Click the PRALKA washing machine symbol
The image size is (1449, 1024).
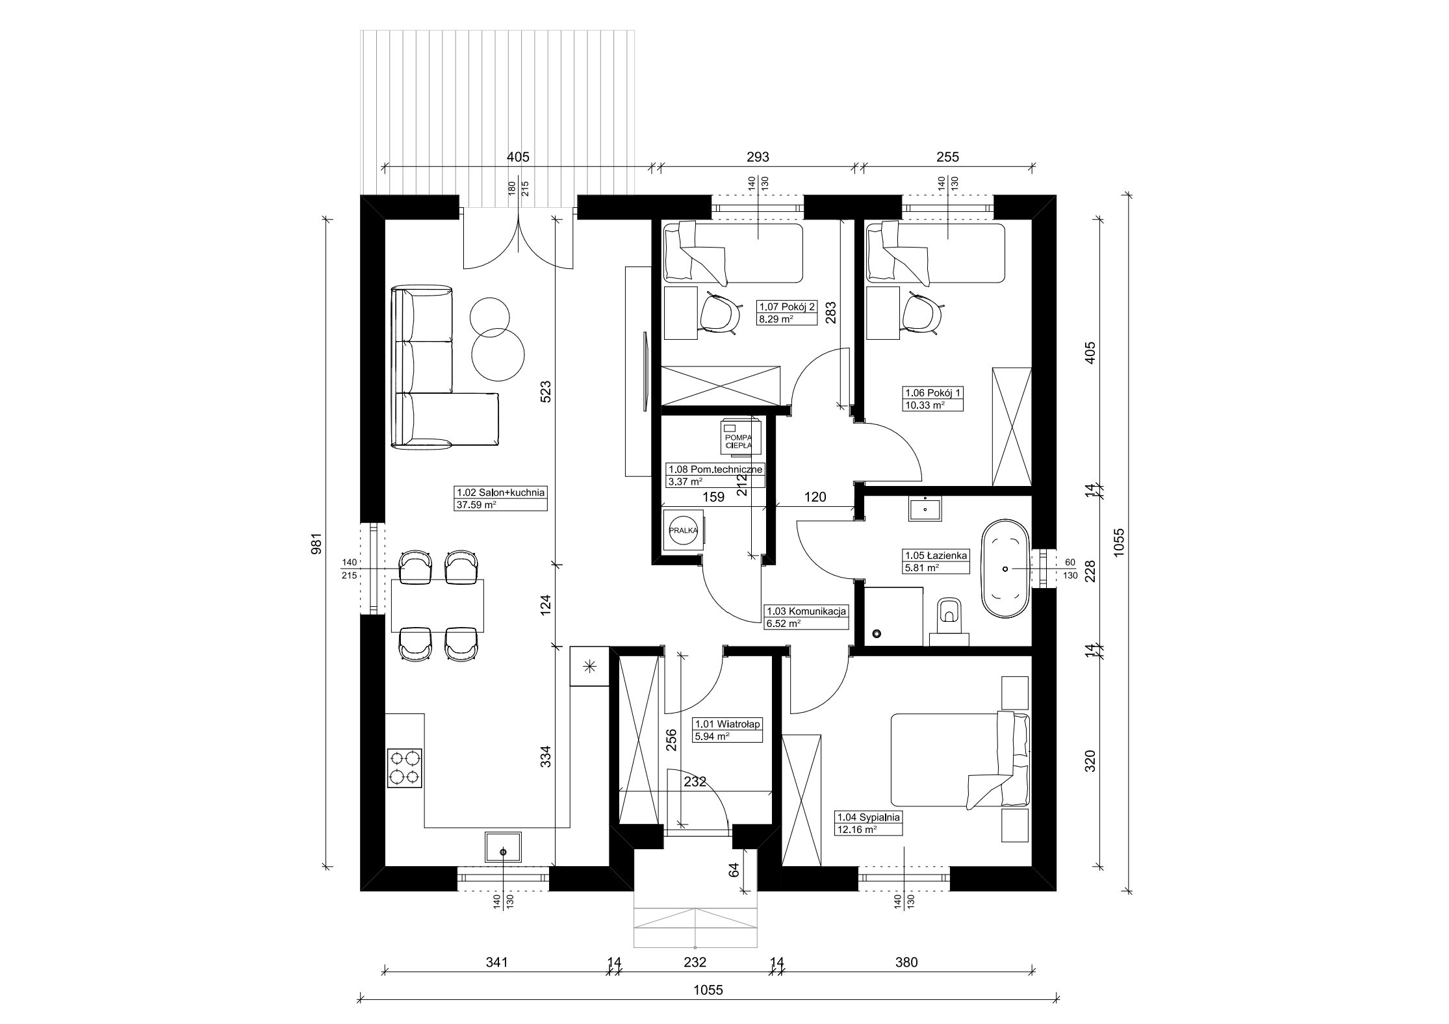[x=683, y=530]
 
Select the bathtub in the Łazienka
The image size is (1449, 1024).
[x=1005, y=569]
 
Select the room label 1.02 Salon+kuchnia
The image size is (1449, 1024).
[x=500, y=493]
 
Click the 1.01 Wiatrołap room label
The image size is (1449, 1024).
[x=728, y=724]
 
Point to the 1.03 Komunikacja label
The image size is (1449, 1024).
[x=806, y=611]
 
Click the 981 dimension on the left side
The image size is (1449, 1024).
[x=317, y=543]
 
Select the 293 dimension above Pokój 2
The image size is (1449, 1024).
[x=758, y=157]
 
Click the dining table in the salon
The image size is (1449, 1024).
[x=437, y=606]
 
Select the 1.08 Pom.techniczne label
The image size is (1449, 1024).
[x=715, y=469]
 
